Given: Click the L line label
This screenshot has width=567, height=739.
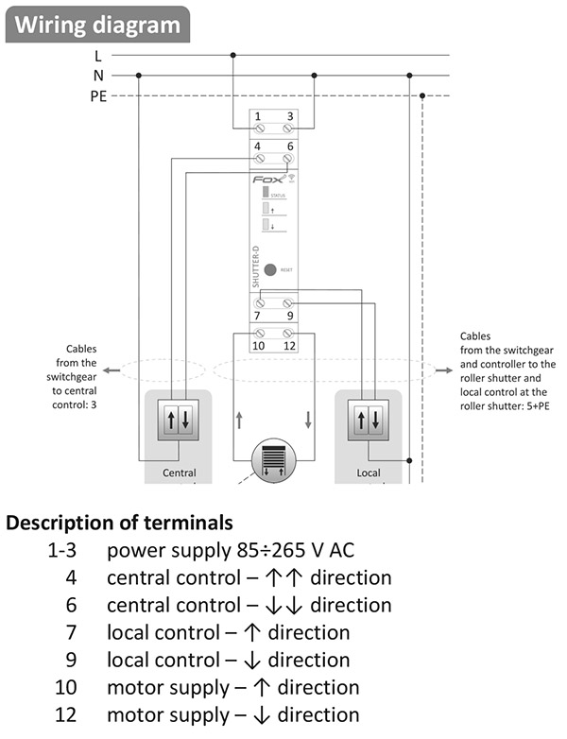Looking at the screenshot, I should pos(98,56).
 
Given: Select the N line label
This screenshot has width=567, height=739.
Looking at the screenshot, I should pos(98,76).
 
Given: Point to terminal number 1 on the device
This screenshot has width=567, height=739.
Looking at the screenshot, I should pos(258,116).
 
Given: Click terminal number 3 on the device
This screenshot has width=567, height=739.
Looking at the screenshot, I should pos(289,116).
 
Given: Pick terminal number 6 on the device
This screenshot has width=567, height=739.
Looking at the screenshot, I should pos(289,146).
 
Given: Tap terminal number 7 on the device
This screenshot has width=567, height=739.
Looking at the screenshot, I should pos(258,315).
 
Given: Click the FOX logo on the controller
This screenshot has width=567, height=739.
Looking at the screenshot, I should pos(267,178).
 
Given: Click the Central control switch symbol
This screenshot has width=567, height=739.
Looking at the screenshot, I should pos(179,418).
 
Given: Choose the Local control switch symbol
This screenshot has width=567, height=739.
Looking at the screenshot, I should pos(369,418).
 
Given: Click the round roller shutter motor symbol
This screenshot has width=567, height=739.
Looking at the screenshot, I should pos(272,461).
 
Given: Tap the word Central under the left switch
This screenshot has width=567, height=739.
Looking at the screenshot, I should pos(180,472).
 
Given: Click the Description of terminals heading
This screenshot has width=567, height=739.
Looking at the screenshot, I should pos(120,523).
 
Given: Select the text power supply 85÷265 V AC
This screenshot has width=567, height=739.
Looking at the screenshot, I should pos(232,550).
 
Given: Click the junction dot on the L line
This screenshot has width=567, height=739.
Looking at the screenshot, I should pos(233,56).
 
